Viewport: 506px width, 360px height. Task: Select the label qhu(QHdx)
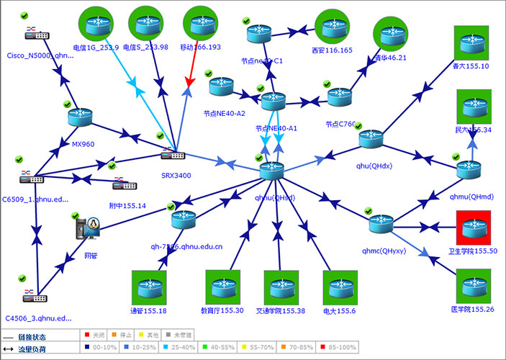click(374, 166)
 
